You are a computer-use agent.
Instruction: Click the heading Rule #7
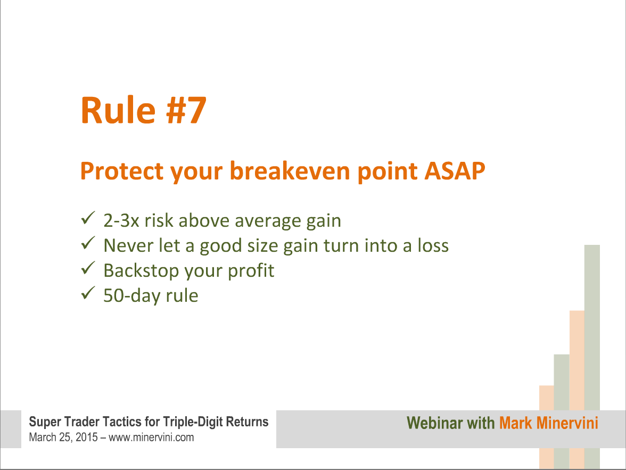pyautogui.click(x=143, y=111)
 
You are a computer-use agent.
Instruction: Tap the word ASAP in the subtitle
pyautogui.click(x=455, y=171)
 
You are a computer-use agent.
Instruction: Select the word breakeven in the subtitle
pyautogui.click(x=290, y=171)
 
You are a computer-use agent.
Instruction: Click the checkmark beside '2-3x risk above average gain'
pyautogui.click(x=88, y=218)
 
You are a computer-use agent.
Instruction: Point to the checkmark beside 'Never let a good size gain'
pyautogui.click(x=88, y=243)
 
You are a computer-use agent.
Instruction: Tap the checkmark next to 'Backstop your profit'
pyautogui.click(x=88, y=268)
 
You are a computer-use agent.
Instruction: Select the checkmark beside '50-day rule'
pyautogui.click(x=88, y=293)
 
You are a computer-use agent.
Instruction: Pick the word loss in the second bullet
pyautogui.click(x=433, y=245)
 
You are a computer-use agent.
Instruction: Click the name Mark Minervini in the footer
pyautogui.click(x=548, y=423)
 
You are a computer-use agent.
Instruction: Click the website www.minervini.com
pyautogui.click(x=151, y=438)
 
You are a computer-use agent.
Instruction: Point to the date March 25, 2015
pyautogui.click(x=63, y=438)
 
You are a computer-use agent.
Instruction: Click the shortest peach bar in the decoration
pyautogui.click(x=547, y=427)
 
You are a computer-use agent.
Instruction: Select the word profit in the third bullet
pyautogui.click(x=251, y=271)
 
